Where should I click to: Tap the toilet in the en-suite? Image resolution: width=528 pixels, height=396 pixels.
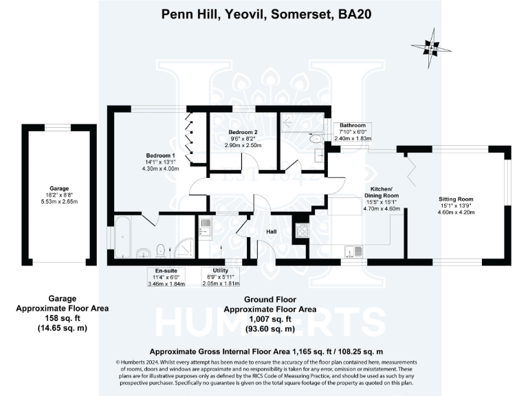click(x=160, y=250)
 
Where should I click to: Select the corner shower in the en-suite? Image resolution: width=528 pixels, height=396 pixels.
click(x=183, y=247)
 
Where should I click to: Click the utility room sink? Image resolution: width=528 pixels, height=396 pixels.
click(x=204, y=227)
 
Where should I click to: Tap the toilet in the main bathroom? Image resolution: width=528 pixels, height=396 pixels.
click(x=316, y=140)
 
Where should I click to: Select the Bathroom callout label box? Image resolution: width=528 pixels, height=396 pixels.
click(x=353, y=131)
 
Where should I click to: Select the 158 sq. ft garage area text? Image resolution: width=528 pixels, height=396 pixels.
click(x=63, y=318)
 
